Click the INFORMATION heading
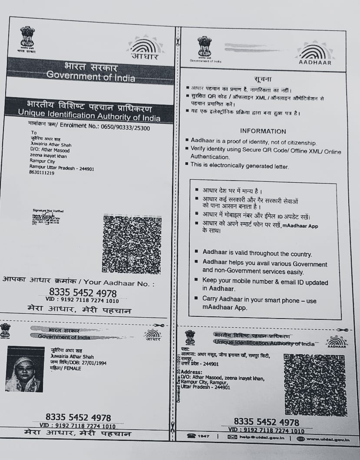click(263, 131)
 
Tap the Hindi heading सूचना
click(263, 79)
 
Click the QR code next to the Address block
click(315, 384)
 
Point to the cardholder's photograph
click(25, 368)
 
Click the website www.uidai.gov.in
click(328, 439)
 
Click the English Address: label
click(192, 372)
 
